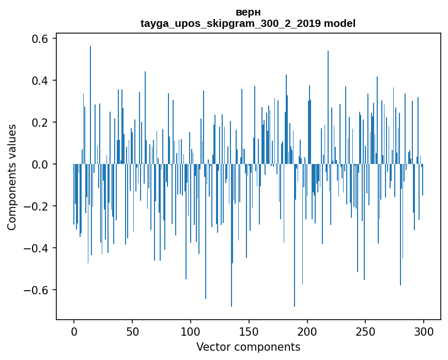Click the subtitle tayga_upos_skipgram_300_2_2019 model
tap(248, 23)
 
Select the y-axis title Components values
tap(12, 177)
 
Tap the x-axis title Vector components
tap(248, 347)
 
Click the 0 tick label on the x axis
tap(74, 331)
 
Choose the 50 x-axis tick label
tap(132, 331)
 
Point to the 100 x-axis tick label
tap(191, 331)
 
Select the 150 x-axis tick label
tap(249, 331)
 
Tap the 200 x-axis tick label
tap(307, 331)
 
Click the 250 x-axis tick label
tap(366, 331)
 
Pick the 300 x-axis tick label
tap(424, 331)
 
